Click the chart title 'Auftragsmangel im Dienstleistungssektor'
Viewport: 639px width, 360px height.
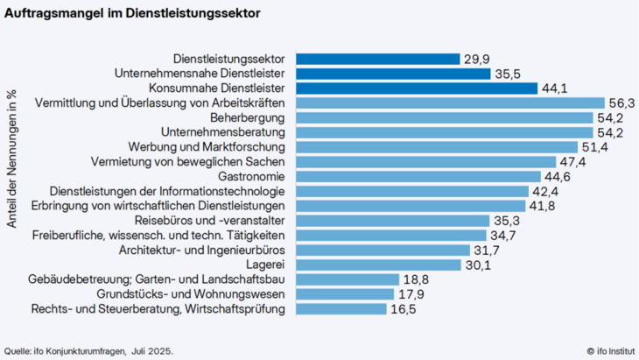[x=131, y=15]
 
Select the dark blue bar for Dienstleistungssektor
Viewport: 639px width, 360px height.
[x=377, y=59]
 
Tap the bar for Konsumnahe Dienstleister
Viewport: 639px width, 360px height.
[x=416, y=88]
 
